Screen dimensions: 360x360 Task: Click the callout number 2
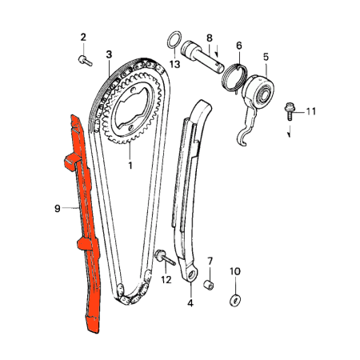(82, 37)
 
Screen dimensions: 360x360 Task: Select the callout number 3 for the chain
(109, 54)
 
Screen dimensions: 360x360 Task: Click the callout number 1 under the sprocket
(130, 166)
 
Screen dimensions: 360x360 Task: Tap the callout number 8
(209, 38)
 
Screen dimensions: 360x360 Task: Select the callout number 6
(238, 47)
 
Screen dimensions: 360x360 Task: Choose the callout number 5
(266, 57)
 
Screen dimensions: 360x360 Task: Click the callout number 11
(312, 110)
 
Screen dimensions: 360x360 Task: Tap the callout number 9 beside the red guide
(58, 208)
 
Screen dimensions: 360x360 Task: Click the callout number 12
(166, 279)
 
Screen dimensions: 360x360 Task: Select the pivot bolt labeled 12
(163, 257)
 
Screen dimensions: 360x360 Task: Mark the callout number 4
(190, 303)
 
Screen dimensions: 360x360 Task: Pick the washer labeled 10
(235, 299)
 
